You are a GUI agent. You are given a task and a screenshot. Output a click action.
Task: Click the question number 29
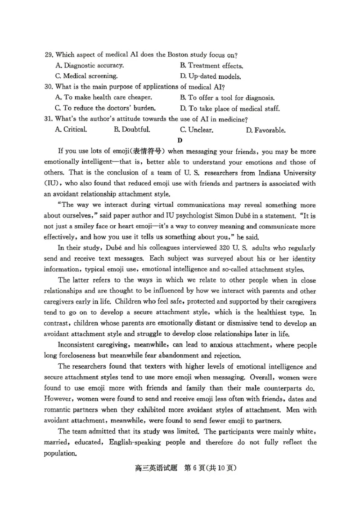[x=49, y=55]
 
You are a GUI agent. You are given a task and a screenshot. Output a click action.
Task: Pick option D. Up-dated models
[x=211, y=76]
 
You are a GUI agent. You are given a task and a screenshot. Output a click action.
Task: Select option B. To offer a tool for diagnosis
[x=227, y=98]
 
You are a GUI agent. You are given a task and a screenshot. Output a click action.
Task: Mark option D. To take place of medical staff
[x=229, y=108]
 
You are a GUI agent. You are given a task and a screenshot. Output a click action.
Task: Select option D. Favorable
[x=265, y=130]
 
